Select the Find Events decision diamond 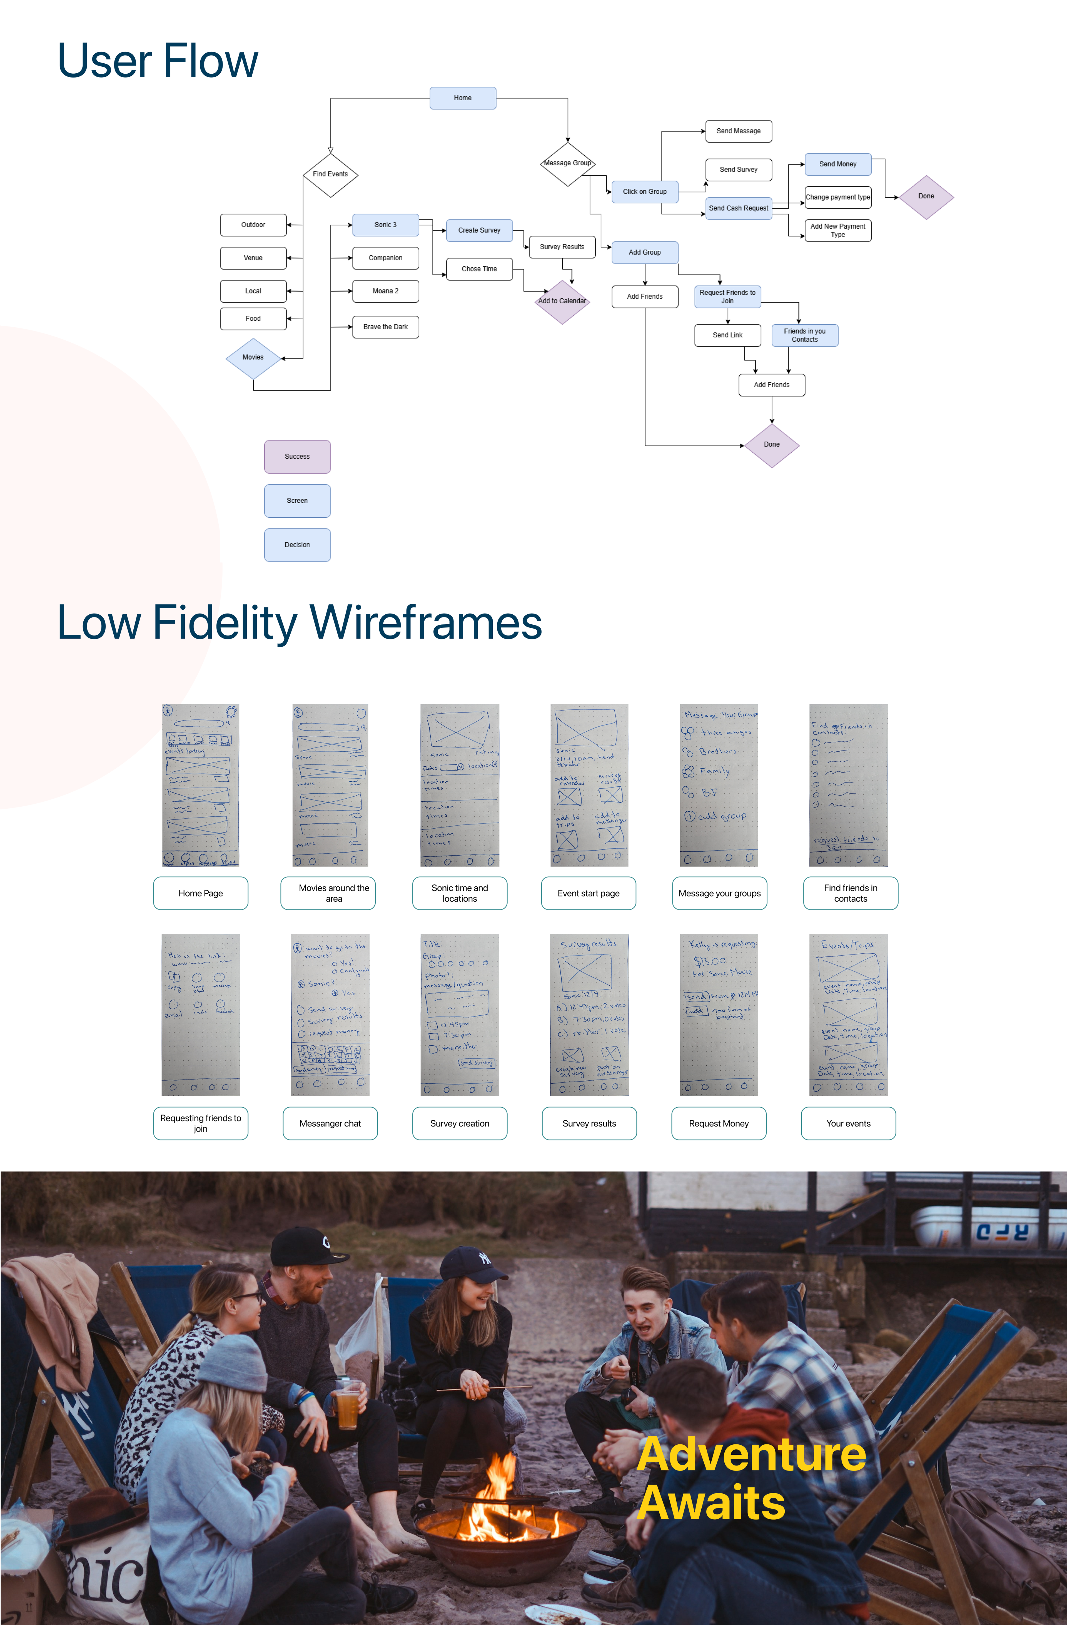330,174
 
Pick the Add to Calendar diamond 562,301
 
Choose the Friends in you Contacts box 804,335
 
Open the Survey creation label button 459,1123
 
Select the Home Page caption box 201,893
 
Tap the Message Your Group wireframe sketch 719,785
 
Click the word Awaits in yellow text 711,1502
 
